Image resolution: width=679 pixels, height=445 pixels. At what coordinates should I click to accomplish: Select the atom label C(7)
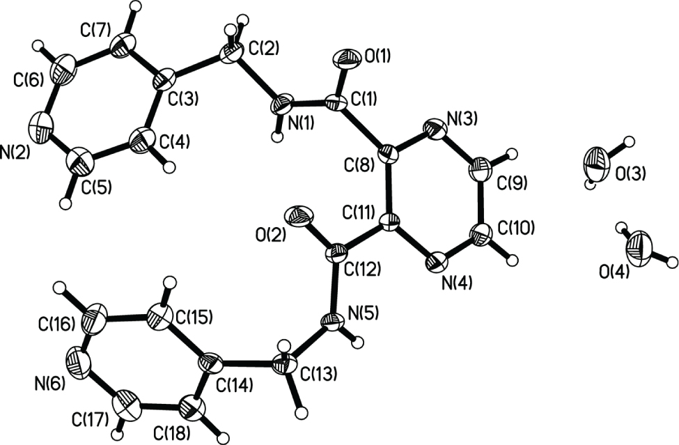point(95,31)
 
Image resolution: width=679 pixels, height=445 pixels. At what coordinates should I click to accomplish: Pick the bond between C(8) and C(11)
point(389,189)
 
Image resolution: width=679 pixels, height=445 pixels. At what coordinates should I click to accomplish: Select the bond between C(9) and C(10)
point(481,200)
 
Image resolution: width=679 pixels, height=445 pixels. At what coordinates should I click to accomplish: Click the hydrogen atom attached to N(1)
point(277,136)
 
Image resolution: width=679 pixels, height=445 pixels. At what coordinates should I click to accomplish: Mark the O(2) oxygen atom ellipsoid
point(299,216)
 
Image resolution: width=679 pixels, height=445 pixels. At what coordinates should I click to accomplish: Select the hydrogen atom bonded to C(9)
point(513,153)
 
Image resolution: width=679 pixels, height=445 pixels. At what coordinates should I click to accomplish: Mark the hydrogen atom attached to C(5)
point(66,203)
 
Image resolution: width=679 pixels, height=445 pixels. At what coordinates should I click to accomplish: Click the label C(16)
point(56,323)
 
